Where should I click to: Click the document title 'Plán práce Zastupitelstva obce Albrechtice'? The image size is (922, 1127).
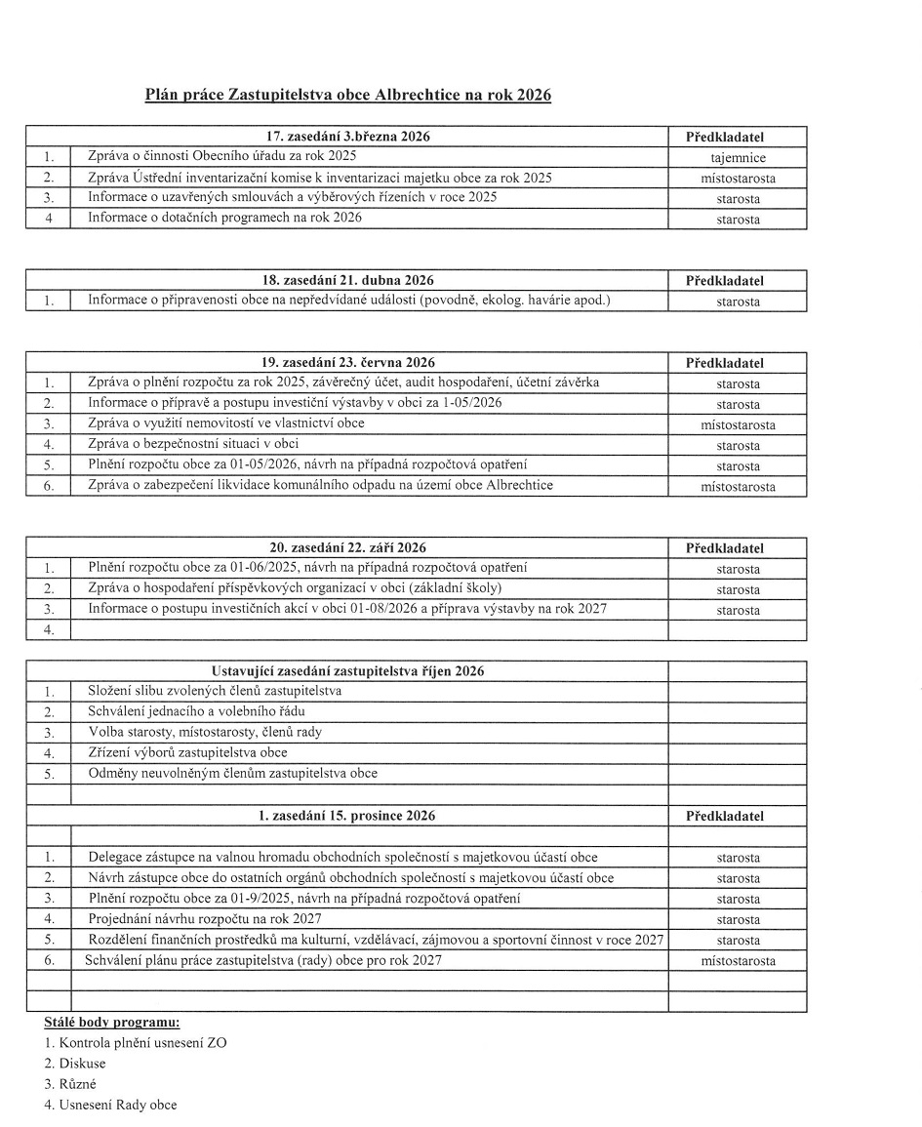[347, 96]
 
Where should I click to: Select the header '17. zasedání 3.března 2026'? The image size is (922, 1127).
[347, 137]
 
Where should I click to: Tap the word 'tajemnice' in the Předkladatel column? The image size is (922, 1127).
[738, 157]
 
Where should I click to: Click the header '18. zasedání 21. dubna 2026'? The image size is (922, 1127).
[347, 281]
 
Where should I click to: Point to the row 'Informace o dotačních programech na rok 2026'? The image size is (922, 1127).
[224, 218]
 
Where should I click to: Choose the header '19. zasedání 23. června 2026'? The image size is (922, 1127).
[347, 363]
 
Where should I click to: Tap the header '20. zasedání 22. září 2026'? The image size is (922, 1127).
[347, 548]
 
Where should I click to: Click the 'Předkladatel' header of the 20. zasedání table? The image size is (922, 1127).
[738, 548]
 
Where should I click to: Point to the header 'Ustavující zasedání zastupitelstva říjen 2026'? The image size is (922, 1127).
[347, 671]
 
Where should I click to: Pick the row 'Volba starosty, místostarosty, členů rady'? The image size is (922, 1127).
[205, 732]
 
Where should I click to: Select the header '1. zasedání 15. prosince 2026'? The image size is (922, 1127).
[347, 816]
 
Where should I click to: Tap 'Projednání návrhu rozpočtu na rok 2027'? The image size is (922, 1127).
[205, 919]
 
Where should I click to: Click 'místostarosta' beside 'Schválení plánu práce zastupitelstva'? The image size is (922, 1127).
[738, 961]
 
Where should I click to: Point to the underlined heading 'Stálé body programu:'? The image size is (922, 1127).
[112, 1023]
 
